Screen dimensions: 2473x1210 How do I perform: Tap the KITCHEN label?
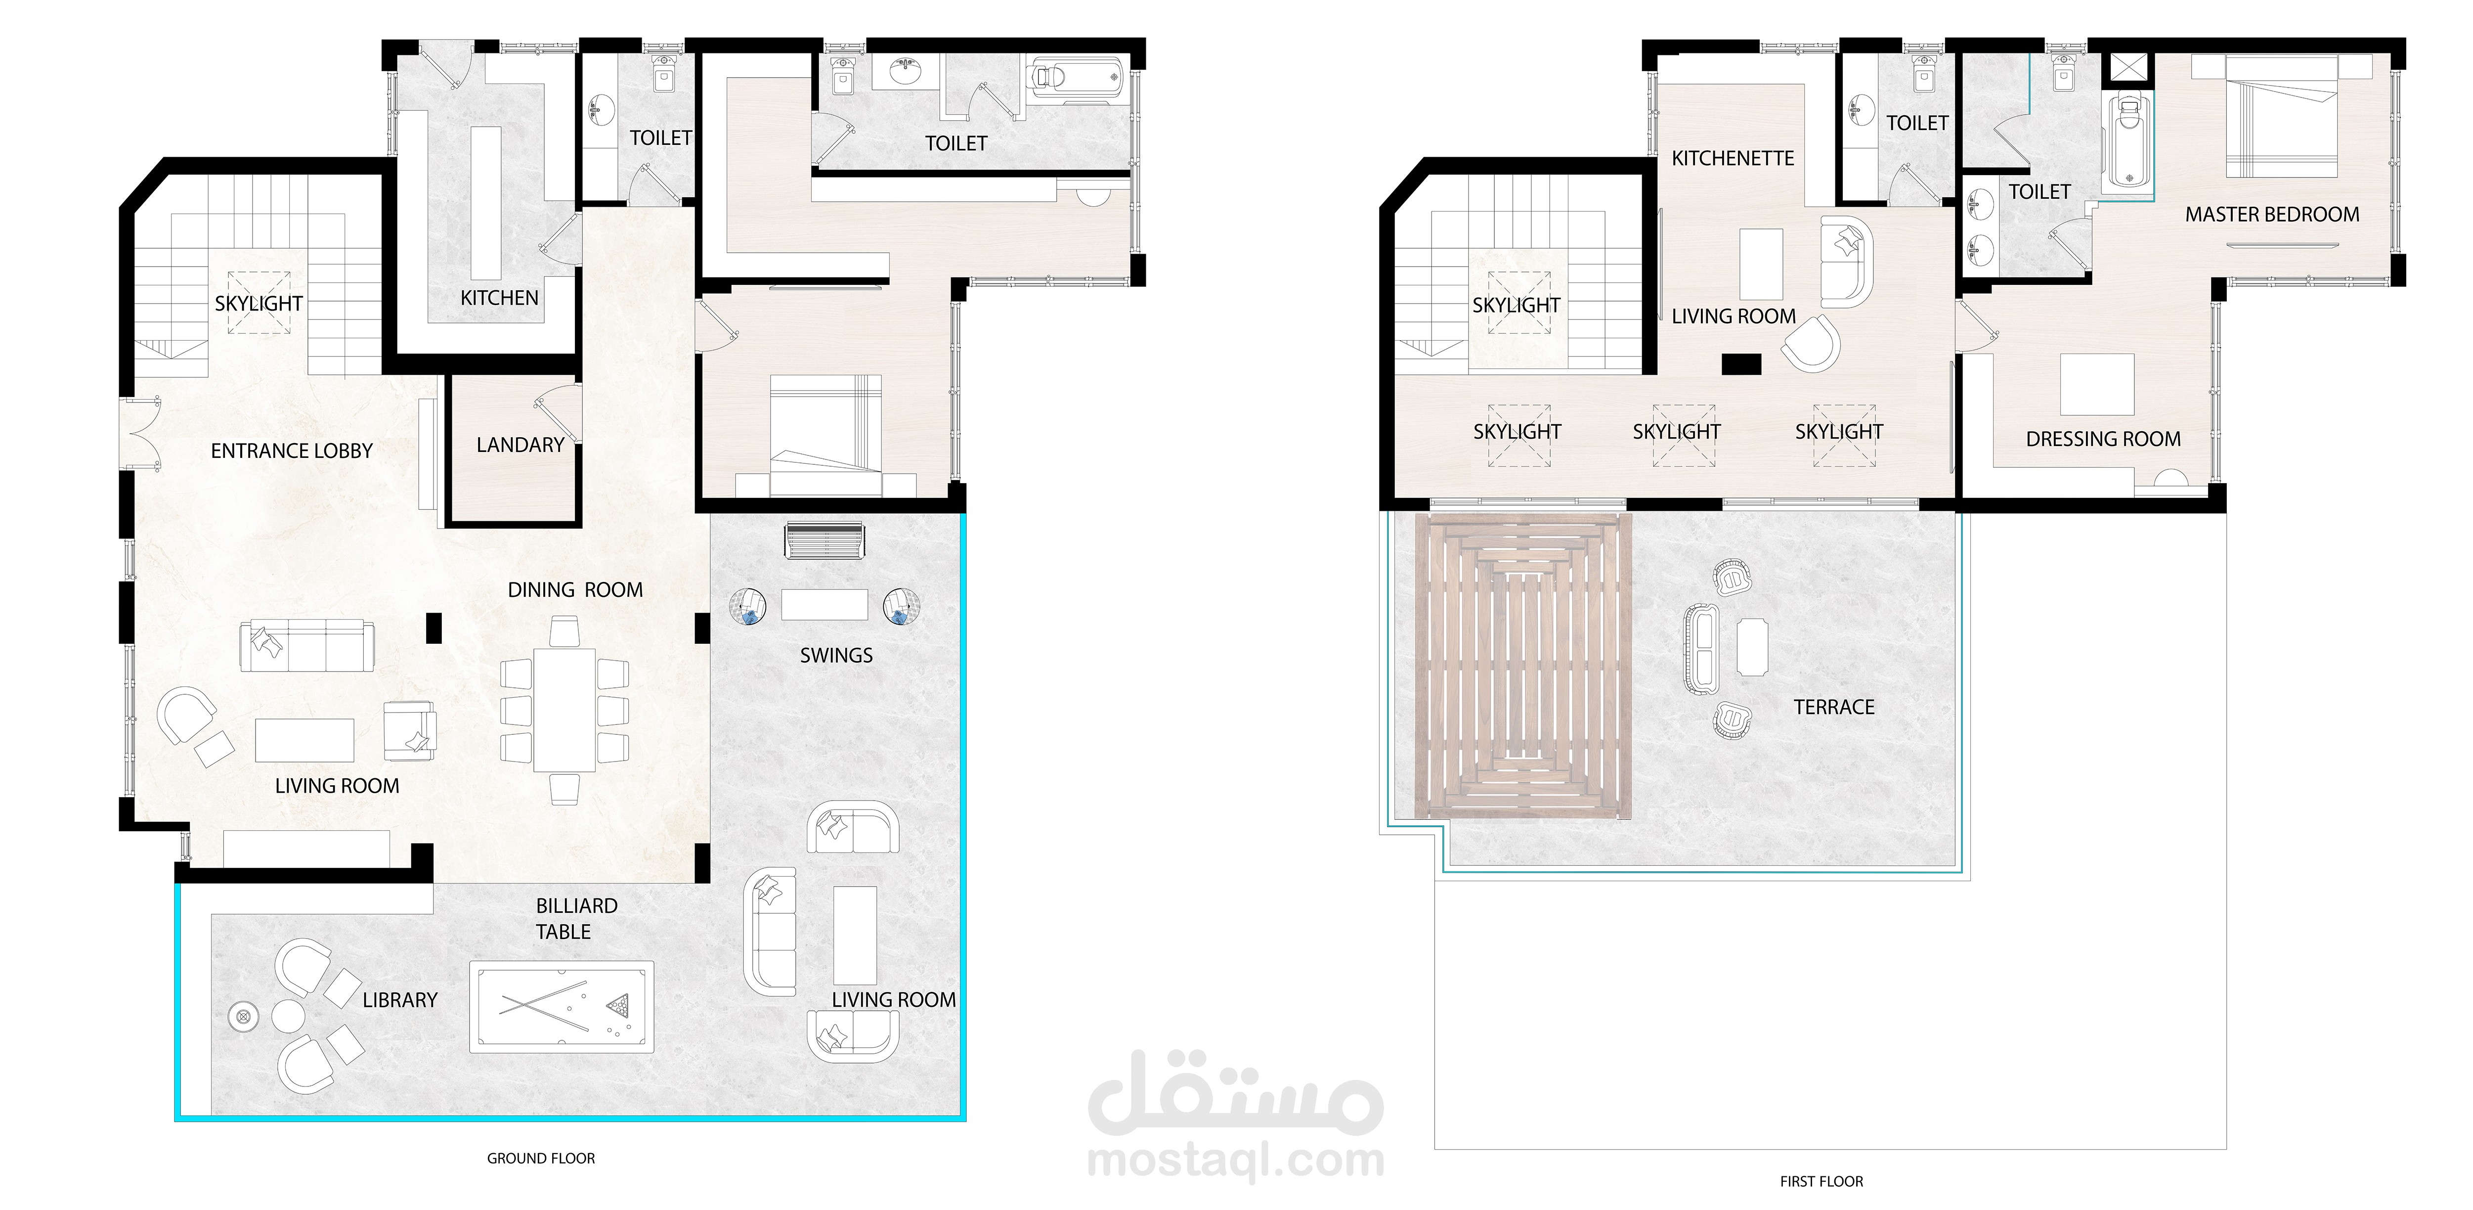(499, 298)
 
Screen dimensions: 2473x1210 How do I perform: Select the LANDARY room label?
(521, 445)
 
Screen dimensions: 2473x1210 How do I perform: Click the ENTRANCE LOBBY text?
(292, 450)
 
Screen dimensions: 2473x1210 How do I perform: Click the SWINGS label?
(836, 655)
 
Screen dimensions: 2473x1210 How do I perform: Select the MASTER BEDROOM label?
(2272, 214)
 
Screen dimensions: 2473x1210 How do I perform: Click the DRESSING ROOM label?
(2103, 439)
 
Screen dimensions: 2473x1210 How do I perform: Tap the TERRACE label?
(1834, 707)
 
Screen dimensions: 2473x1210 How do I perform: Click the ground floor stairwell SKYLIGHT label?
(258, 304)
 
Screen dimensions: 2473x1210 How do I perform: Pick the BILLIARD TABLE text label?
(576, 918)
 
